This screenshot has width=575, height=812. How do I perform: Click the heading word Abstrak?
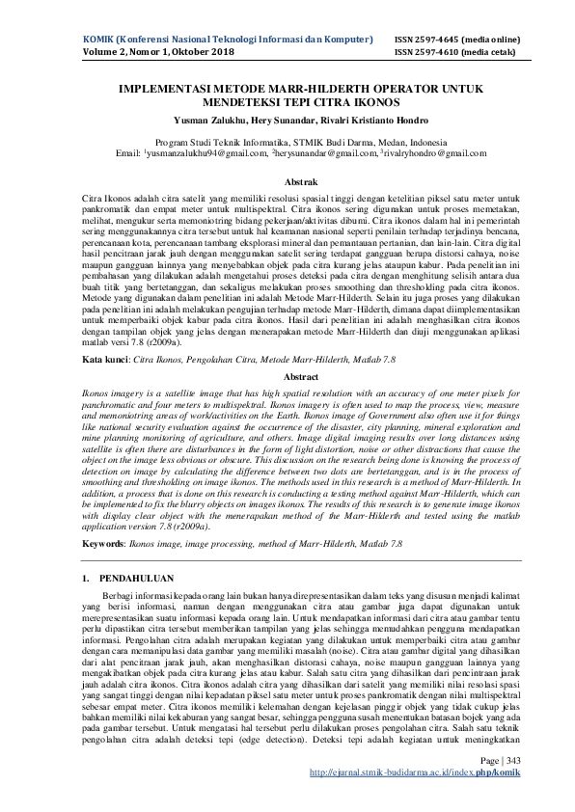pyautogui.click(x=287, y=181)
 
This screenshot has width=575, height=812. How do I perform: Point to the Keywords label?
pyautogui.click(x=52, y=545)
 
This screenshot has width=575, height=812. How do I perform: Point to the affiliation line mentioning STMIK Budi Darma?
pyautogui.click(x=287, y=141)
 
